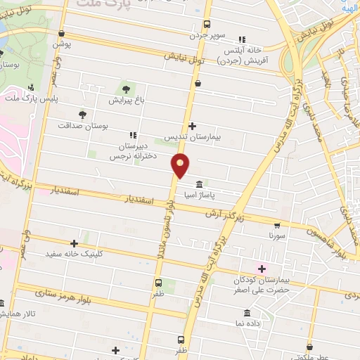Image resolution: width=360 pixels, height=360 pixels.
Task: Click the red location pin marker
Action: pos(181,166)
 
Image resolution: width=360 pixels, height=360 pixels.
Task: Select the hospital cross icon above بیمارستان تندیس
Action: pos(192,127)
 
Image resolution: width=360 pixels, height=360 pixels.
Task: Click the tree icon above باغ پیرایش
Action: pos(126,89)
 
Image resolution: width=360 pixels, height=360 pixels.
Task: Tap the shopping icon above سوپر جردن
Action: pos(210,22)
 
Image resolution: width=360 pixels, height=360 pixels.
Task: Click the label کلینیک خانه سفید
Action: pos(71,253)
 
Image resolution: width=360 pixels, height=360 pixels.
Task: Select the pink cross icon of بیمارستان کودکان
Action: pos(262,269)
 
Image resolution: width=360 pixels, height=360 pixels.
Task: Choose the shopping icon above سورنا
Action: pos(276,226)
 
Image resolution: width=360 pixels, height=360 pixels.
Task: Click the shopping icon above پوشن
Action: pos(63,33)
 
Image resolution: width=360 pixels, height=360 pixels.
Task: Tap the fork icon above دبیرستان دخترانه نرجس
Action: pos(133,135)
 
